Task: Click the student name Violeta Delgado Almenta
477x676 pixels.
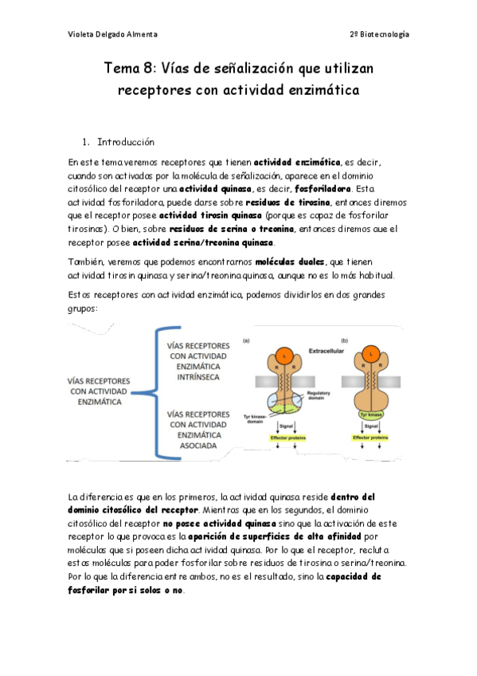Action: click(x=113, y=34)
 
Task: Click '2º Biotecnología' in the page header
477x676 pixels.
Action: click(x=379, y=34)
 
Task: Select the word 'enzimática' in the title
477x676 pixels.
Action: click(x=319, y=90)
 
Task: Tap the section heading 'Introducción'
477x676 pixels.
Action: click(x=125, y=142)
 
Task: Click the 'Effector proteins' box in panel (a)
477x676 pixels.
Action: click(x=283, y=438)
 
